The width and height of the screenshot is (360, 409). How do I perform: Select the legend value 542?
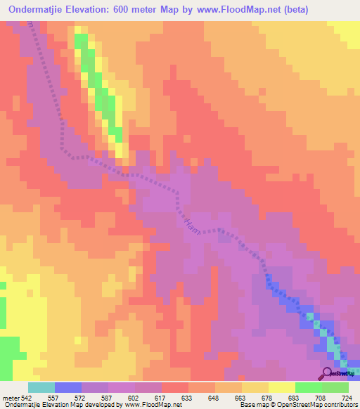(27, 397)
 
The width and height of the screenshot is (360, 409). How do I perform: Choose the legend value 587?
(108, 397)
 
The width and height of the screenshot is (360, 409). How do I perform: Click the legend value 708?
(321, 397)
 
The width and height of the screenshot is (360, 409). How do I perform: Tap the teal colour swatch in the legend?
(41, 387)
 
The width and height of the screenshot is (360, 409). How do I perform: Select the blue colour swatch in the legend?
(67, 387)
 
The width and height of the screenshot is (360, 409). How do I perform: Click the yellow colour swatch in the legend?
(281, 387)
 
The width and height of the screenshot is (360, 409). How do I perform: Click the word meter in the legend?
(11, 397)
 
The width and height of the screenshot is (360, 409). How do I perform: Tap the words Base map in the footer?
(252, 405)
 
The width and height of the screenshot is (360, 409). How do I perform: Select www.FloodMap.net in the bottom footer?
(151, 405)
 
